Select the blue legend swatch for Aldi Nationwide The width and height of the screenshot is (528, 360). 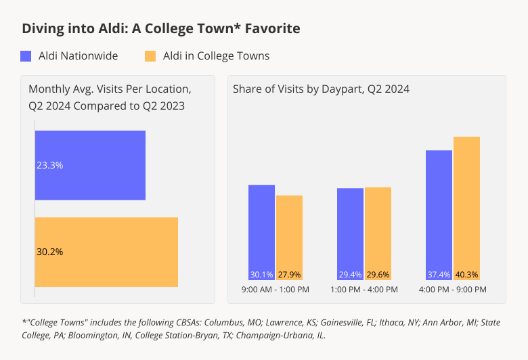point(26,56)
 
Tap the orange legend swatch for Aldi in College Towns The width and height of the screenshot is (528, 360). point(150,56)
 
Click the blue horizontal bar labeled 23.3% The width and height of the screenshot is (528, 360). point(90,165)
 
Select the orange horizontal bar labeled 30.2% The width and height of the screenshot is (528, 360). point(106,252)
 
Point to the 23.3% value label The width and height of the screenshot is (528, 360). point(49,165)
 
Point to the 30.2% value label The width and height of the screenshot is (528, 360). point(49,252)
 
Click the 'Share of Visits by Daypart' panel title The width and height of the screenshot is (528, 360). point(321,89)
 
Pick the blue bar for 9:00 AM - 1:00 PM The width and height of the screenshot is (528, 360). point(261,230)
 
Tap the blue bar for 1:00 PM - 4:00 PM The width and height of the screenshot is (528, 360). point(350,232)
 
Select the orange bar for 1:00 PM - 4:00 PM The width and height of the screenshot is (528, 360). point(378,232)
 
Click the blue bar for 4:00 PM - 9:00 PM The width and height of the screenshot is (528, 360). point(439,213)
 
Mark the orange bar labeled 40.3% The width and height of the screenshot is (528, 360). point(466,206)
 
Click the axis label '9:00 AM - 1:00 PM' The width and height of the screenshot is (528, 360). point(276,290)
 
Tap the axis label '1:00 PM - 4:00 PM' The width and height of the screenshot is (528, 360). point(364,290)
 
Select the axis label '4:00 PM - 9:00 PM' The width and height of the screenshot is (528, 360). point(453,290)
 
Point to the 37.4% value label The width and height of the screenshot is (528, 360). point(439,275)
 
